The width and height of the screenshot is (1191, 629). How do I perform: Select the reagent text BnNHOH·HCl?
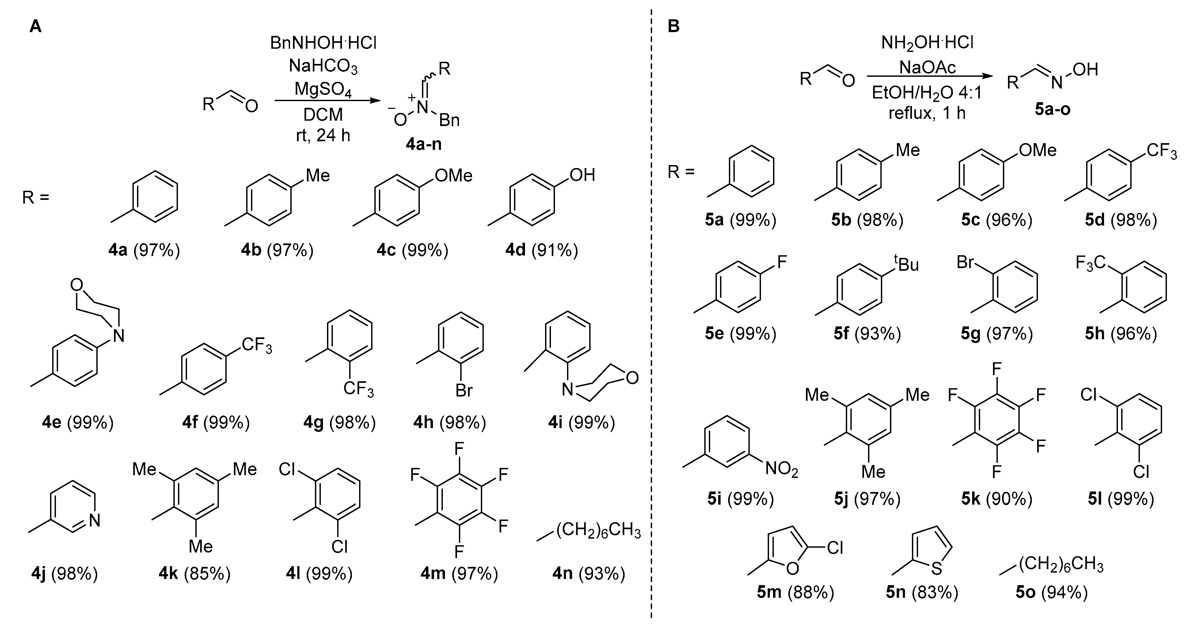323,43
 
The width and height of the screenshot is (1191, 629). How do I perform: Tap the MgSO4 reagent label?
323,89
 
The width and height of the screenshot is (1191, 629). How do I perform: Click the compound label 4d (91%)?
541,250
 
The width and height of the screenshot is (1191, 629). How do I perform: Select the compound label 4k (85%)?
194,574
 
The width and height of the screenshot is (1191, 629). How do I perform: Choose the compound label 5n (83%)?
922,592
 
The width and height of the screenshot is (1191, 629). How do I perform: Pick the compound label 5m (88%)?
795,592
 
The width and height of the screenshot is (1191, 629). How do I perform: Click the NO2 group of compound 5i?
781,470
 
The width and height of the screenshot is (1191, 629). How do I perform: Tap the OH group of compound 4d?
582,175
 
